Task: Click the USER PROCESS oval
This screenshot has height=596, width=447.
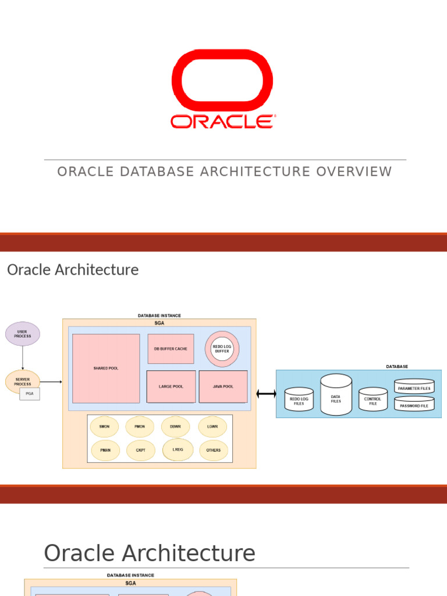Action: (23, 334)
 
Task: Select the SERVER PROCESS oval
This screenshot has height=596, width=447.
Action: (23, 382)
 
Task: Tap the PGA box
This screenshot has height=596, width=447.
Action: (30, 394)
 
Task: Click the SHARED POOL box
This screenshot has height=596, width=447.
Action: (106, 368)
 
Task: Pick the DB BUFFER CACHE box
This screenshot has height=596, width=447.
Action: (171, 349)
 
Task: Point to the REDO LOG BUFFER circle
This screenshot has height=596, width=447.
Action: (222, 349)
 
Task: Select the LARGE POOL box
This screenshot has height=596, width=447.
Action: (171, 386)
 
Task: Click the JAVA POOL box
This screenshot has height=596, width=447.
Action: (223, 386)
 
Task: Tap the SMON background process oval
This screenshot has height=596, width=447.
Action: (105, 427)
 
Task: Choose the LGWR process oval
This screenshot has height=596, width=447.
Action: (212, 427)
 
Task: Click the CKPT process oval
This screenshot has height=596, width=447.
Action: (141, 450)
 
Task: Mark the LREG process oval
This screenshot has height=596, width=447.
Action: (178, 449)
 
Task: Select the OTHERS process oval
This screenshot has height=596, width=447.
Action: (213, 450)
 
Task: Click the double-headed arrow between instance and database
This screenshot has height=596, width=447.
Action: (266, 394)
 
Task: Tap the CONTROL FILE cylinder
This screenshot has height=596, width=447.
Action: (373, 400)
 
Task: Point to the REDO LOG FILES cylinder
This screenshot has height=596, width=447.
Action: (299, 400)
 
